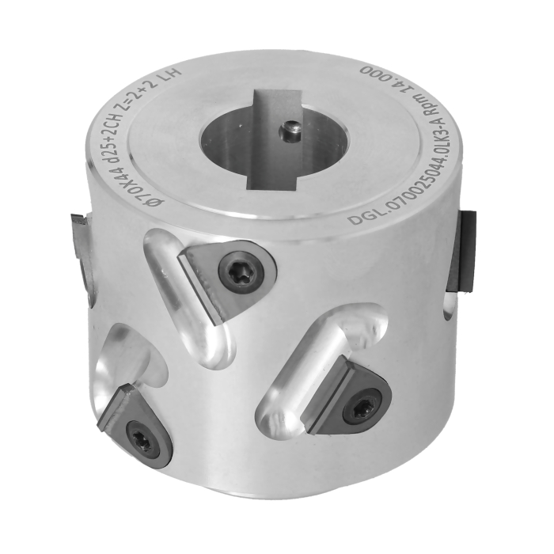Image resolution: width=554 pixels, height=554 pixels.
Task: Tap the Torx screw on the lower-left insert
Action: tap(144, 438)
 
